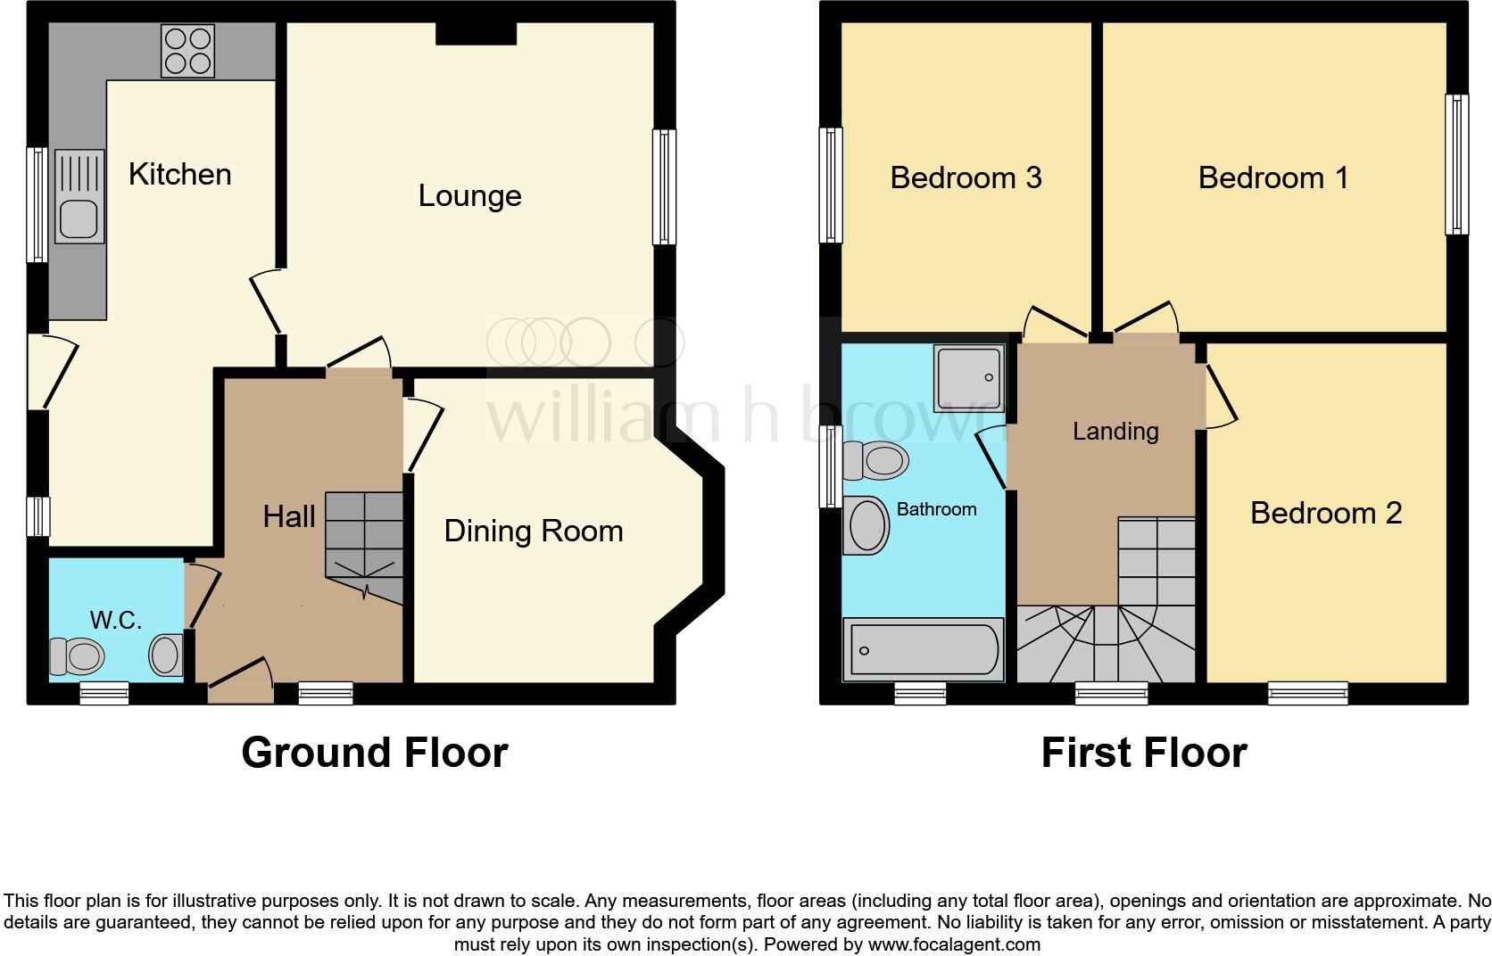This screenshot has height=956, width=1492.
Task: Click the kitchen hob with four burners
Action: (187, 51)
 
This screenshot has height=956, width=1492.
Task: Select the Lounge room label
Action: (469, 196)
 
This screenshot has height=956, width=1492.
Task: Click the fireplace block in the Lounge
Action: (476, 33)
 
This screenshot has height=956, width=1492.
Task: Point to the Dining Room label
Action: (534, 532)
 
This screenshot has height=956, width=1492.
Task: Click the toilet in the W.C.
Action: (78, 657)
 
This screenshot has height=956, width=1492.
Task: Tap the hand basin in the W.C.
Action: (166, 654)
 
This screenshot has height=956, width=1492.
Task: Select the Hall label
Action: (289, 516)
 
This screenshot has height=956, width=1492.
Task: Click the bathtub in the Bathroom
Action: (924, 649)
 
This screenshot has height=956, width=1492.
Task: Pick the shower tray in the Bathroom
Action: (968, 379)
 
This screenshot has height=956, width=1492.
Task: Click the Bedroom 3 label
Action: (966, 178)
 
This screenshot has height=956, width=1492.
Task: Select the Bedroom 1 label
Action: (1272, 178)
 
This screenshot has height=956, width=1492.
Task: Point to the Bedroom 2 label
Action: (1325, 514)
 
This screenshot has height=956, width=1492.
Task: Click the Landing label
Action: (1115, 432)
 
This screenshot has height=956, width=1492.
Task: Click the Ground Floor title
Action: (375, 753)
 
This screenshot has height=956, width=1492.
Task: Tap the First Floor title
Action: (1143, 753)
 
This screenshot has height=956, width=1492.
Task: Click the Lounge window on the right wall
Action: (664, 187)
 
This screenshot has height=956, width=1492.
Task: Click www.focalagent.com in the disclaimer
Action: (953, 944)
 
